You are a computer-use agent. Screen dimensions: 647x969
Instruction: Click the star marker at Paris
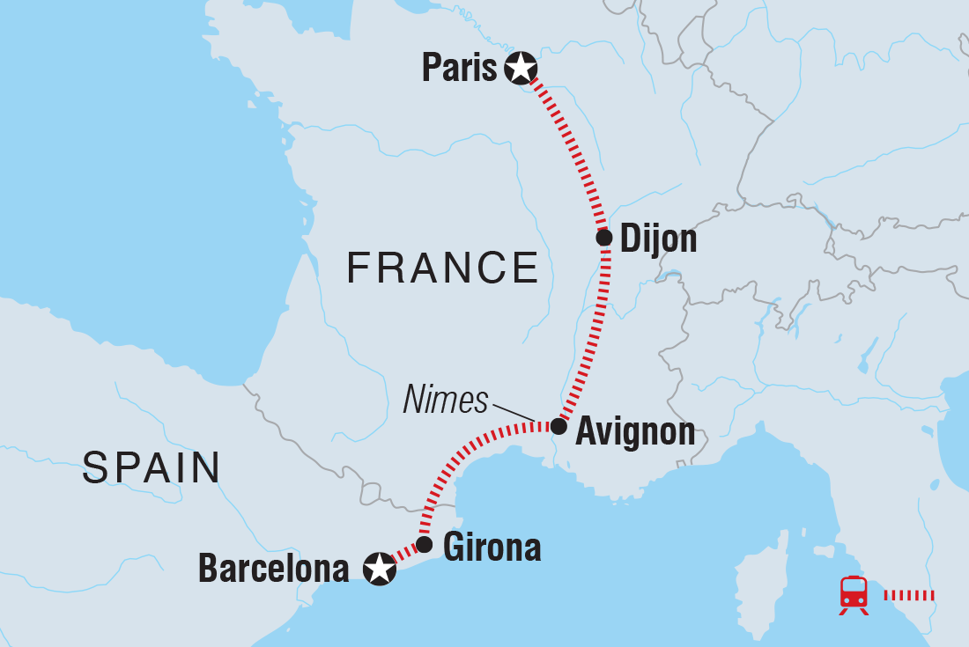521,68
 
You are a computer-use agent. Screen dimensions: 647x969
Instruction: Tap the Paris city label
459,69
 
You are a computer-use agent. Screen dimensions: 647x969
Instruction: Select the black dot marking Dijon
603,238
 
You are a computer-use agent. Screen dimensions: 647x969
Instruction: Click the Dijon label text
658,239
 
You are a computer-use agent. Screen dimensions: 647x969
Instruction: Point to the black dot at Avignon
558,426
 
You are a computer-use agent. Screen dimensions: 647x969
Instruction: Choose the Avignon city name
634,432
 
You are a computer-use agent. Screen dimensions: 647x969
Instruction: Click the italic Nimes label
445,401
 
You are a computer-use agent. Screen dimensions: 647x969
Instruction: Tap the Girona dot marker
424,545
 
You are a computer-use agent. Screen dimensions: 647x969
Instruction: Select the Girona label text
492,548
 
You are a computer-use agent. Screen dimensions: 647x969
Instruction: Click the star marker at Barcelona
379,570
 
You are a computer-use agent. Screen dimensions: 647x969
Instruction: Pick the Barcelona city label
273,570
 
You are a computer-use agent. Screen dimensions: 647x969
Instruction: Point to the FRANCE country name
442,268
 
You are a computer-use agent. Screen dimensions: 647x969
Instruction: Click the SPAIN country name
151,468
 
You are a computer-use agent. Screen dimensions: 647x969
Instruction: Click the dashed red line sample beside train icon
908,595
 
